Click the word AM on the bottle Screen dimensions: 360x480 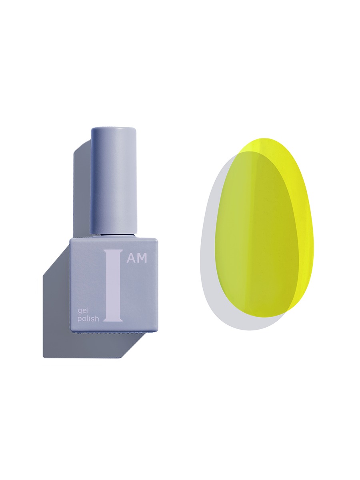(x=137, y=258)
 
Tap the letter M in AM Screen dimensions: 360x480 (x=142, y=258)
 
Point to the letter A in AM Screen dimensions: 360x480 (x=132, y=258)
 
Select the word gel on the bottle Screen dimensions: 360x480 (x=83, y=311)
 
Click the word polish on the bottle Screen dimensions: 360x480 (x=88, y=319)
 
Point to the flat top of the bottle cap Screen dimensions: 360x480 (x=114, y=130)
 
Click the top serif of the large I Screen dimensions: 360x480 (x=113, y=251)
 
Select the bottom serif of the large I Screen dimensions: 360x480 (x=113, y=320)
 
